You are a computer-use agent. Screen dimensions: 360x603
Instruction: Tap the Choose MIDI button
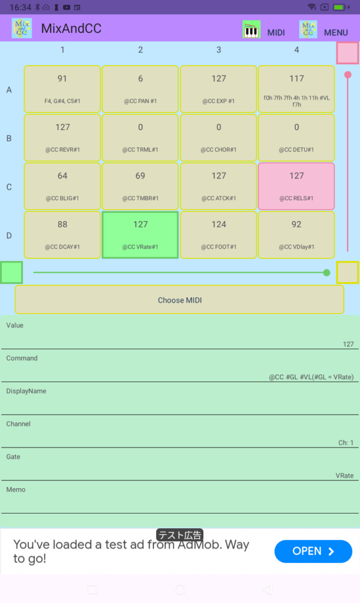pos(179,300)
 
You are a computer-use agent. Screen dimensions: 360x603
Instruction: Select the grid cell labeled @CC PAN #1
pos(140,89)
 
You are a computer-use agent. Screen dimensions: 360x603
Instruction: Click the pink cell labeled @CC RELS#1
pos(296,186)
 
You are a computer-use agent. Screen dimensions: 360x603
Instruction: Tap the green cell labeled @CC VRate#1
pos(140,234)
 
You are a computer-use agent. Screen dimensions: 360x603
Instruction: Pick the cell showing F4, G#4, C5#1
pos(62,89)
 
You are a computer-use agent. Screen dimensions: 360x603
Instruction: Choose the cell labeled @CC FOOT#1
pos(219,234)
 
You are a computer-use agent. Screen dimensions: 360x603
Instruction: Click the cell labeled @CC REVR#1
pos(62,137)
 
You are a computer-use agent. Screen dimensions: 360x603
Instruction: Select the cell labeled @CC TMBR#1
pos(140,186)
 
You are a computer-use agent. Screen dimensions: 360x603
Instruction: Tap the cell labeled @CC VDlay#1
pos(296,234)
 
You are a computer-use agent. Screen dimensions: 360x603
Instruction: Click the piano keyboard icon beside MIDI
pos(252,29)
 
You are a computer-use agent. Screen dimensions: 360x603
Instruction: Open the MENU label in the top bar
pos(336,33)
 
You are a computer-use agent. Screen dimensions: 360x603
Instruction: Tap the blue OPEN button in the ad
pos(313,551)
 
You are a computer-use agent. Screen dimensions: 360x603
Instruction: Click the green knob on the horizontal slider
pos(326,273)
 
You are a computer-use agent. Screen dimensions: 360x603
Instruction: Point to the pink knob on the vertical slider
pos(348,75)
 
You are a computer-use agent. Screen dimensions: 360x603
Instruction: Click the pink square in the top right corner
pos(348,52)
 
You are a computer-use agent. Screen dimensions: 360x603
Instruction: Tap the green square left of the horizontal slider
pos(12,272)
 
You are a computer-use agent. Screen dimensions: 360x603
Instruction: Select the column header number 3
pos(219,49)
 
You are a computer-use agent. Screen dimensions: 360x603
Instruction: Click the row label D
pos(9,236)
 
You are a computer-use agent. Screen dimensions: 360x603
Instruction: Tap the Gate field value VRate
pos(344,475)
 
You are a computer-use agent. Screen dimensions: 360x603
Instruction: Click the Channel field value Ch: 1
pos(346,443)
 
